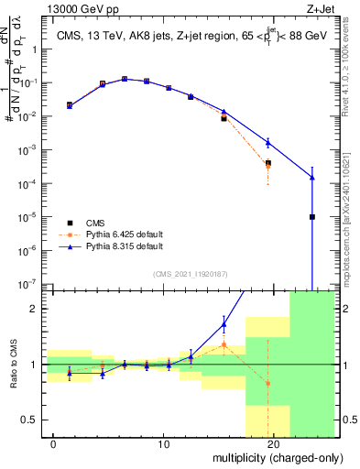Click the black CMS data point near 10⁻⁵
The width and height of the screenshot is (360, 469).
[x=312, y=217]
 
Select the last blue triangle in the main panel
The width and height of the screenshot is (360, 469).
[x=312, y=178]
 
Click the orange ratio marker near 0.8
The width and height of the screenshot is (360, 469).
[x=267, y=383]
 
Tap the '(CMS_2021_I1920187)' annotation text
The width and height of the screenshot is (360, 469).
[x=189, y=273]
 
